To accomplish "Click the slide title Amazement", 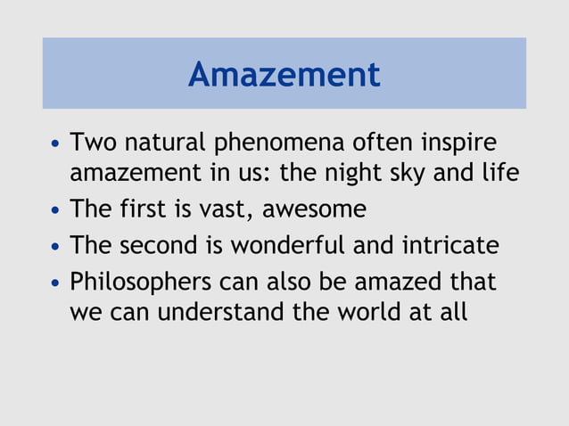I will pos(284,74).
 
